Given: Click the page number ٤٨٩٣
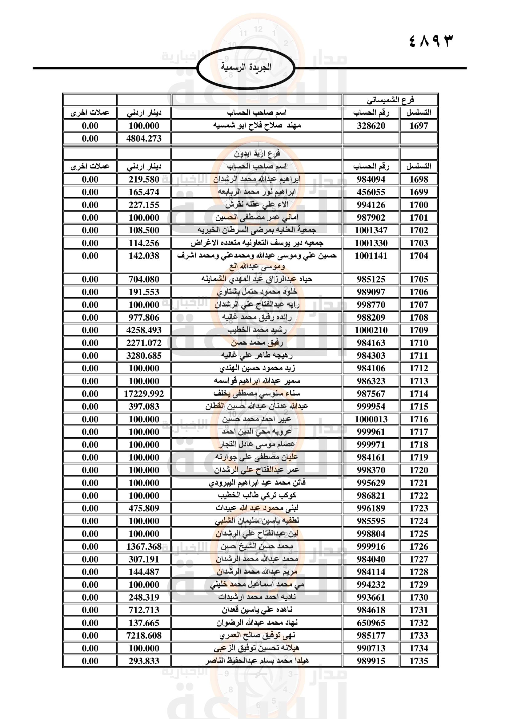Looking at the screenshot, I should (431, 41).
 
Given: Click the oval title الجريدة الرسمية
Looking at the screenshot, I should (246, 68).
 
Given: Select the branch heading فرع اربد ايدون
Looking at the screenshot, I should (257, 153).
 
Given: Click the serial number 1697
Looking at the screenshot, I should (419, 126).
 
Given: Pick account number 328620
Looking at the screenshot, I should (371, 126).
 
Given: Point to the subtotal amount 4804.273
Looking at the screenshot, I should (144, 138).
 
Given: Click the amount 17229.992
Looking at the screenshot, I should (144, 394).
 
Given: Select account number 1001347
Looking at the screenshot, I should (371, 230).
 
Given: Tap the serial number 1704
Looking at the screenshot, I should (419, 256).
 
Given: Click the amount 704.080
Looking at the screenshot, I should (144, 279).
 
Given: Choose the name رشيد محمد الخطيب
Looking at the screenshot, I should (257, 330).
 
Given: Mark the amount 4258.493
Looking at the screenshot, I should (144, 330).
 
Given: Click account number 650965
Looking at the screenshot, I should (371, 623).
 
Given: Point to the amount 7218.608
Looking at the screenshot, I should (144, 636).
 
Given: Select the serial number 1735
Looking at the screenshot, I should (419, 661).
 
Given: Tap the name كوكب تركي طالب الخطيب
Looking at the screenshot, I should (257, 496).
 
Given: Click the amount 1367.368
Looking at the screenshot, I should (144, 547).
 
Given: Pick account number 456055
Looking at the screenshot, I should (371, 192).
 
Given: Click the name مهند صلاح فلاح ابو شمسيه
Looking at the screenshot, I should (257, 126).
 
